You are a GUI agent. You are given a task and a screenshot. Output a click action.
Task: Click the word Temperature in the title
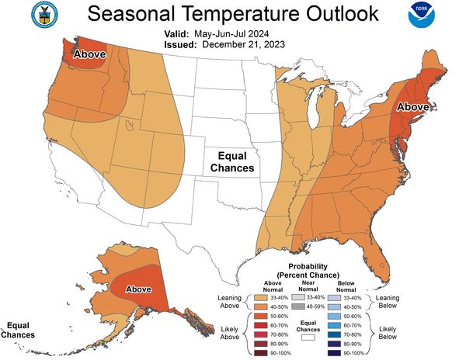(232, 14)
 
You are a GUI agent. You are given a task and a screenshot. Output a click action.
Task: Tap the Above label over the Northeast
(414, 107)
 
